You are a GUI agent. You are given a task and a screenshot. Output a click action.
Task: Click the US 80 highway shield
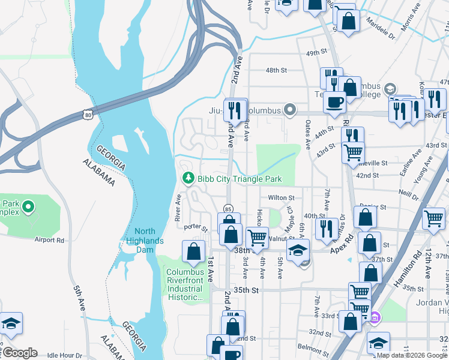point(89,114)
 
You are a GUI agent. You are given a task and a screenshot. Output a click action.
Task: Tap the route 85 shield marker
point(228,209)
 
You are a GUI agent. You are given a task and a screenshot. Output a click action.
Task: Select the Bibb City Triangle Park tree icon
point(188,178)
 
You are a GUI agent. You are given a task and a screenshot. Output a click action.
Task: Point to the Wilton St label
point(281,197)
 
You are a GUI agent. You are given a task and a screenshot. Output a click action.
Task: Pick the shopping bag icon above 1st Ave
point(194,253)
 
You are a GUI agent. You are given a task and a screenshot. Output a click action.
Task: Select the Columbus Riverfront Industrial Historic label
point(186,284)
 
